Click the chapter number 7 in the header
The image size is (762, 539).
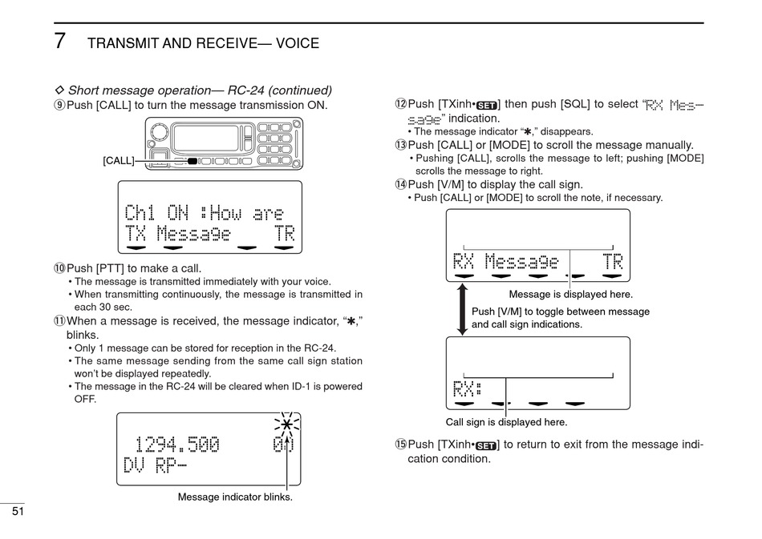pyautogui.click(x=59, y=41)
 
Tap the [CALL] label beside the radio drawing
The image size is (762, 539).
pyautogui.click(x=119, y=161)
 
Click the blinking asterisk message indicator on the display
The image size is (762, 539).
pyautogui.click(x=286, y=425)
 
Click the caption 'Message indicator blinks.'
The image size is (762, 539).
pyautogui.click(x=235, y=497)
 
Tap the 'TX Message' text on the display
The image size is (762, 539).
pyautogui.click(x=177, y=234)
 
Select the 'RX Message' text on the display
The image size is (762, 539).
pyautogui.click(x=505, y=261)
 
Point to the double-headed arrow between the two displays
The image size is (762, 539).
pyautogui.click(x=462, y=309)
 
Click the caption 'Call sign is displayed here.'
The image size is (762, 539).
pyautogui.click(x=506, y=422)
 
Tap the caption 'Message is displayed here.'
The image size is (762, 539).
pyautogui.click(x=570, y=295)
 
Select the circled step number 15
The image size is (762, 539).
pyautogui.click(x=401, y=444)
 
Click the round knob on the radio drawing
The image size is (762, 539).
pyautogui.click(x=160, y=131)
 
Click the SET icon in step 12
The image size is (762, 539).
pyautogui.click(x=487, y=105)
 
